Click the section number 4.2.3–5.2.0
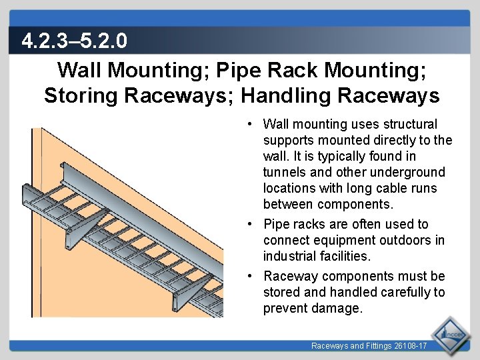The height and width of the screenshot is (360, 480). click(74, 42)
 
